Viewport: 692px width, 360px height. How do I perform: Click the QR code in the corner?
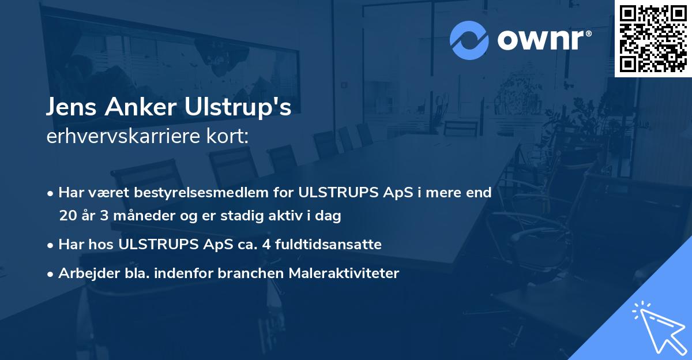pos(653,38)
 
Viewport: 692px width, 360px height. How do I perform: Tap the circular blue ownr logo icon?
pos(469,40)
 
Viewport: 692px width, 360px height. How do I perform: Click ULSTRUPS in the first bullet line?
pos(336,193)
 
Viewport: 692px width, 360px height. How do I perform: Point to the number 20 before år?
pos(66,216)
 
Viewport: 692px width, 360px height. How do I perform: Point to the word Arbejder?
pos(84,273)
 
